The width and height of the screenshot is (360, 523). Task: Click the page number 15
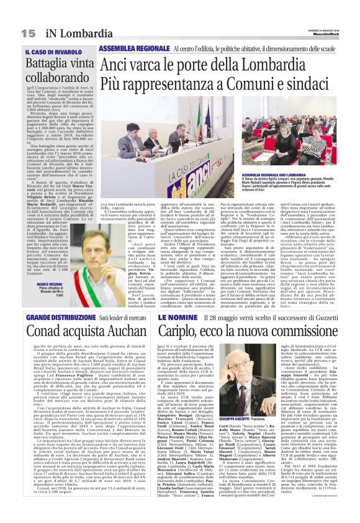pos(28,32)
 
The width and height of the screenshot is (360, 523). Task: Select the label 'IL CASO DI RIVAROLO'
pos(55,52)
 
